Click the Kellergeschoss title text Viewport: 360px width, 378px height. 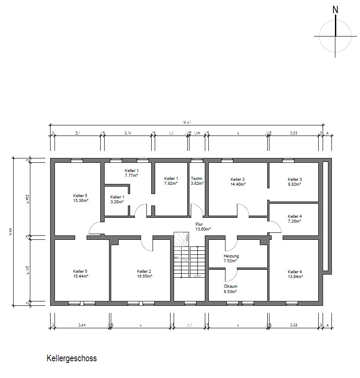tap(72, 358)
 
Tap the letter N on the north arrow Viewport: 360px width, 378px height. tap(336, 8)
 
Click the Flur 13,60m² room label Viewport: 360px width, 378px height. tap(203, 226)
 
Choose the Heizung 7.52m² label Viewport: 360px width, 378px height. tap(231, 258)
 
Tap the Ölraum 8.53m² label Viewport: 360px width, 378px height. tap(231, 289)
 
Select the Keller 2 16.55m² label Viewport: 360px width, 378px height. tap(144, 274)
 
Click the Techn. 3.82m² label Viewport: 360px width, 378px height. tap(197, 181)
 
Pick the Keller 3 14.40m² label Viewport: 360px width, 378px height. tap(237, 182)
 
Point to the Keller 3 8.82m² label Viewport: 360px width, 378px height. tap(295, 182)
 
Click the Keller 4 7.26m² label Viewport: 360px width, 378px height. tap(295, 219)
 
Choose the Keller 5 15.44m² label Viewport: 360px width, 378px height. tap(81, 274)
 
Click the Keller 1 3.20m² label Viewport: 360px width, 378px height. tap(117, 199)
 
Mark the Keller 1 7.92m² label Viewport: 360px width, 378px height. tap(171, 181)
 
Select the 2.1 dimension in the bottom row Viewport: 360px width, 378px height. tap(189, 325)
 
